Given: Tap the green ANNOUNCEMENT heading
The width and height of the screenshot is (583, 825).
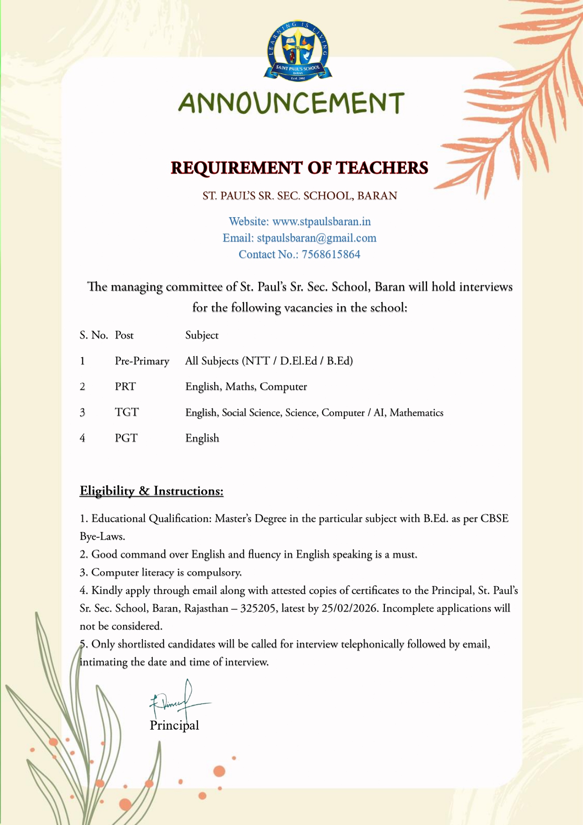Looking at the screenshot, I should click(x=291, y=103).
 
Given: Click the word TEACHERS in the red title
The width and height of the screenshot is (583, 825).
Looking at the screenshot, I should click(x=382, y=168).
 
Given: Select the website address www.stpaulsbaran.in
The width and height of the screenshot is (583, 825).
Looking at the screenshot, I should click(x=322, y=221).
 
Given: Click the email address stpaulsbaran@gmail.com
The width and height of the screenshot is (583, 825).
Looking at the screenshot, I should click(x=317, y=238).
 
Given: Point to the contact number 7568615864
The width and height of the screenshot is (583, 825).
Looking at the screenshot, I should click(x=331, y=254).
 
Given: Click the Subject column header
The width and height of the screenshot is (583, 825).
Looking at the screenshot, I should click(x=202, y=335).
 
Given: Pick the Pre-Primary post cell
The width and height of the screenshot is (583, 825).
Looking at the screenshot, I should click(x=142, y=361).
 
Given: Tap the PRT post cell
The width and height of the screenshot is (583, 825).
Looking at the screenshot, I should click(x=125, y=386).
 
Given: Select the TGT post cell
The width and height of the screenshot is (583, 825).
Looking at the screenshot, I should click(x=127, y=412).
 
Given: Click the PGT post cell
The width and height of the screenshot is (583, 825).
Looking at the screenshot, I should click(x=126, y=438).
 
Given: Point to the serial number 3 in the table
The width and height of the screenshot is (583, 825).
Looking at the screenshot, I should click(x=82, y=412).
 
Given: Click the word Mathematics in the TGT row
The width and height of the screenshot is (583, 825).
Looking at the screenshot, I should click(x=417, y=413).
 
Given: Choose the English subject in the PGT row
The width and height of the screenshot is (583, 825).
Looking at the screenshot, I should click(x=202, y=438).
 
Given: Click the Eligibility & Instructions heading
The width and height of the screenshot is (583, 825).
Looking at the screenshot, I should click(x=151, y=491).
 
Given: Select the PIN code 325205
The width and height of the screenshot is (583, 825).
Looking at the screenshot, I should click(x=257, y=608).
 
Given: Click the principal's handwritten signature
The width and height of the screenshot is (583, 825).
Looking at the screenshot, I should click(x=176, y=700).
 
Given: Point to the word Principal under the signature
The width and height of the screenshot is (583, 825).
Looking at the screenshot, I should click(x=174, y=725).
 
